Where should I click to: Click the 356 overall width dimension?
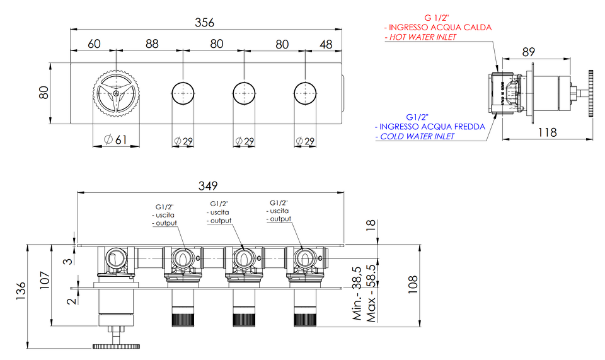pyautogui.click(x=204, y=22)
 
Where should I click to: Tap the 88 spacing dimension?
pyautogui.click(x=152, y=44)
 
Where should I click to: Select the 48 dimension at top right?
pyautogui.click(x=326, y=44)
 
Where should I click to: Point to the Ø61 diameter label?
pyautogui.click(x=116, y=139)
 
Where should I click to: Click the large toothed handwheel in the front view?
pyautogui.click(x=116, y=93)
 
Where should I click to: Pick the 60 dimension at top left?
pyautogui.click(x=94, y=44)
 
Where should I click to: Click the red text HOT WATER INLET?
pyautogui.click(x=422, y=37)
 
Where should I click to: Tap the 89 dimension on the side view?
pyautogui.click(x=528, y=52)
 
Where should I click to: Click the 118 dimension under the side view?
pyautogui.click(x=548, y=132)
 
